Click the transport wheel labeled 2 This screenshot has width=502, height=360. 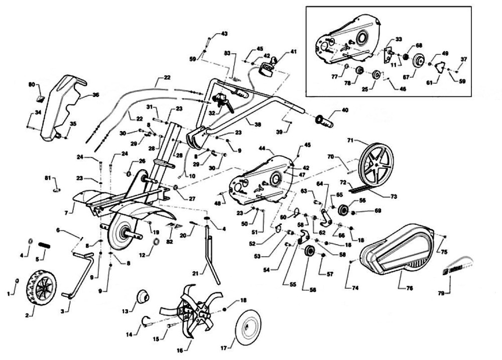(x=39, y=287)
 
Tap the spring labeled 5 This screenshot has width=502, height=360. (x=45, y=245)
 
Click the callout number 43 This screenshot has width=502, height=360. (x=224, y=34)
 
